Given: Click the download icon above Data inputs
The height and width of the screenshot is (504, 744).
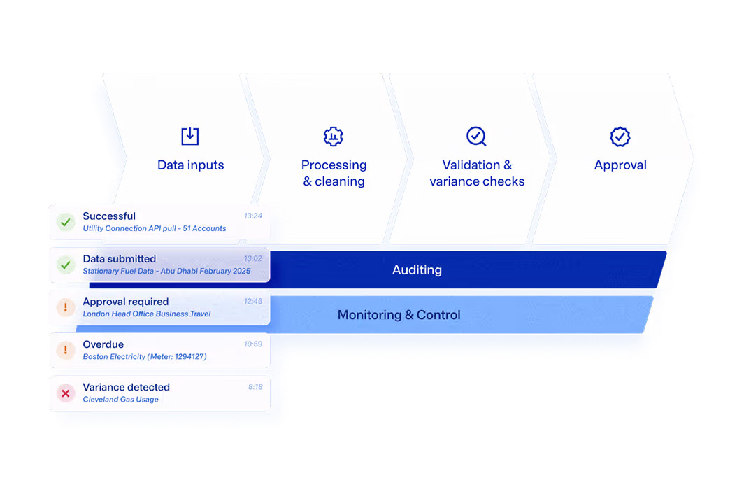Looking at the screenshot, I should [190, 136].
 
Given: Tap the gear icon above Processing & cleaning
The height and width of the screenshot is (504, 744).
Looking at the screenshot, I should [334, 136].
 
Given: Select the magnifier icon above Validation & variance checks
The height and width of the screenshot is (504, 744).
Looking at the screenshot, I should [476, 136].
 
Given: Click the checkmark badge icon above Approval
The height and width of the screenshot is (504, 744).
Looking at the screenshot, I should [620, 136].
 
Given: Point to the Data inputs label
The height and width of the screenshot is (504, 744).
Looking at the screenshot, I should [190, 165].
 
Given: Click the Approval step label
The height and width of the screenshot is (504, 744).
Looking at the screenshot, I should [620, 165].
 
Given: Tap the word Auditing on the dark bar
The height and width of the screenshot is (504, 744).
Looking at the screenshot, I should [417, 270].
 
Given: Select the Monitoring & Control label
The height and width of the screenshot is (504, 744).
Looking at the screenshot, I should [399, 315].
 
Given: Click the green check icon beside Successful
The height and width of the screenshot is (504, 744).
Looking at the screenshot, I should [66, 223].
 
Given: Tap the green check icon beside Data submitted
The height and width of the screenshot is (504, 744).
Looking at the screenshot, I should [66, 265].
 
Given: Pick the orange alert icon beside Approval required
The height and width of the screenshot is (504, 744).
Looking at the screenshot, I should [66, 307].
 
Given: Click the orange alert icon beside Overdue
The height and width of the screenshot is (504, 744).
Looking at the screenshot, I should [66, 350].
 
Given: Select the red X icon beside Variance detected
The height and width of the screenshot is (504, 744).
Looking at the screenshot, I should [66, 393].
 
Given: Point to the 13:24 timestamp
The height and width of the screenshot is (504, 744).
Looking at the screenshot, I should [253, 216].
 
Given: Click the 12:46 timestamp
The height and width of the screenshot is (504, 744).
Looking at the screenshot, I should [253, 302].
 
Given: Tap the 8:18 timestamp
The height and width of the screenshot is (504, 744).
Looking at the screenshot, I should [255, 387].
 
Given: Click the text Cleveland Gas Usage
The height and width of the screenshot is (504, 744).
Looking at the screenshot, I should [120, 400].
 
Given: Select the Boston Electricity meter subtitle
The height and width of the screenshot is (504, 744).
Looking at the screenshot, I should [144, 357].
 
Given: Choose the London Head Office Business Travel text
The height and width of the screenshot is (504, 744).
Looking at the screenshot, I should [146, 314].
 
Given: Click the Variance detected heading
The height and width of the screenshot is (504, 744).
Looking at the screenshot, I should [126, 387].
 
